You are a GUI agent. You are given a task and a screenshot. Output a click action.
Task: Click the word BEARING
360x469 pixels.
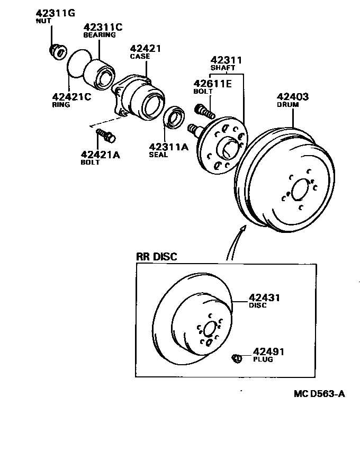click(x=100, y=35)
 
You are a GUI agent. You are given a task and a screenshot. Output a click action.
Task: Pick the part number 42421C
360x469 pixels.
click(x=71, y=96)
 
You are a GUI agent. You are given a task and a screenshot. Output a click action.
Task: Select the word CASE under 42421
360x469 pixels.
click(x=140, y=56)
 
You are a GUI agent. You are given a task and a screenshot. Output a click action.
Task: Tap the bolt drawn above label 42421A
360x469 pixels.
click(x=105, y=136)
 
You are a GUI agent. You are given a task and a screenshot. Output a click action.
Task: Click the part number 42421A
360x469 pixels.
click(x=101, y=155)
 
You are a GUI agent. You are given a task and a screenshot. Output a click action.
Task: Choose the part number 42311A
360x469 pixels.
click(x=168, y=147)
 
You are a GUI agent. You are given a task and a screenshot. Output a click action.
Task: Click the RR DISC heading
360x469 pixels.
click(x=157, y=257)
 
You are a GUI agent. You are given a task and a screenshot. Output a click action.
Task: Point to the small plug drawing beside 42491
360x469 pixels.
click(x=237, y=359)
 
